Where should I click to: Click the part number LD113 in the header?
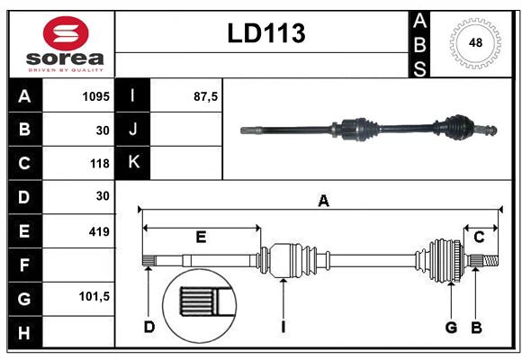[x=265, y=33]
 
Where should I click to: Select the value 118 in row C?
[x=99, y=164]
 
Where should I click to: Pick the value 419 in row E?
[x=98, y=232]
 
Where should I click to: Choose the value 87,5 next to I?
[x=206, y=95]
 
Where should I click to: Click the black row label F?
[x=24, y=266]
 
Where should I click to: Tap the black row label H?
[x=24, y=334]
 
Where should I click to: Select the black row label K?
[x=133, y=163]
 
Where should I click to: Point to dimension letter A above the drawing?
[x=323, y=202]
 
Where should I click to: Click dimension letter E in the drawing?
[x=201, y=238]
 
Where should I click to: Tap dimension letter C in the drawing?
[x=480, y=238]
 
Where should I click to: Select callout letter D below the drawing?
[x=149, y=327]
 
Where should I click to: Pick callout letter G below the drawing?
[x=451, y=327]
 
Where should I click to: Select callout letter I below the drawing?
[x=283, y=327]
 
